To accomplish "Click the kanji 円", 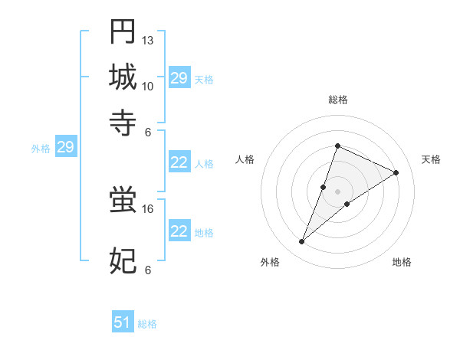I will [123, 31].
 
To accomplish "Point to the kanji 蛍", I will [123, 201].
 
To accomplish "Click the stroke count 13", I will [148, 40].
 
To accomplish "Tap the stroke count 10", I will [148, 86].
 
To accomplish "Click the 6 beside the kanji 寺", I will [148, 131].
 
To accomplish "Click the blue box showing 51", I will [123, 323].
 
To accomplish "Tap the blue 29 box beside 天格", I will [179, 78].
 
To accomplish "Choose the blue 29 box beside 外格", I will [65, 148].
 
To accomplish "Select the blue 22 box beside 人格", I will [179, 162].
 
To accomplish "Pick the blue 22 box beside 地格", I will [179, 231].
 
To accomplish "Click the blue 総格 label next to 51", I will [147, 324].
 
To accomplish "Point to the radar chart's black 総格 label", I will [337, 100].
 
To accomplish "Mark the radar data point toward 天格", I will [396, 172].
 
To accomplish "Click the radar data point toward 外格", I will [302, 242].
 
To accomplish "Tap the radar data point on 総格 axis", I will [337, 146].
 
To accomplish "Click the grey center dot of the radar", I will [337, 191].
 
